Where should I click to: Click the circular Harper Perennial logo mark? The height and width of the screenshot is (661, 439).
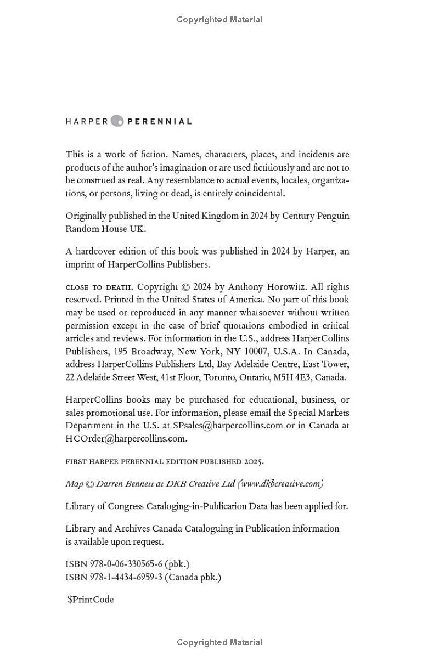tap(117, 121)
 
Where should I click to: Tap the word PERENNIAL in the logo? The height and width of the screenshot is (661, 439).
tap(160, 122)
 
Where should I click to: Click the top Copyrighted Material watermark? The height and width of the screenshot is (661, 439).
tap(219, 20)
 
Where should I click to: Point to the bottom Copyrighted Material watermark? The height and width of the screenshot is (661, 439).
tap(219, 642)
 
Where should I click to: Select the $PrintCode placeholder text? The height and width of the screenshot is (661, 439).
tap(91, 600)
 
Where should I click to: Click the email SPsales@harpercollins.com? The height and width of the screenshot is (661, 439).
tap(228, 426)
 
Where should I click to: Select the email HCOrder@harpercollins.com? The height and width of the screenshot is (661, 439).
tap(126, 438)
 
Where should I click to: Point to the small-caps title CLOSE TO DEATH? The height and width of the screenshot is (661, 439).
tap(98, 287)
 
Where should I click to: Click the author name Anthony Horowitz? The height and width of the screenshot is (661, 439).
tap(260, 287)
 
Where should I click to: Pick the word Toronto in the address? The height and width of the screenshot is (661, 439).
tap(219, 377)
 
